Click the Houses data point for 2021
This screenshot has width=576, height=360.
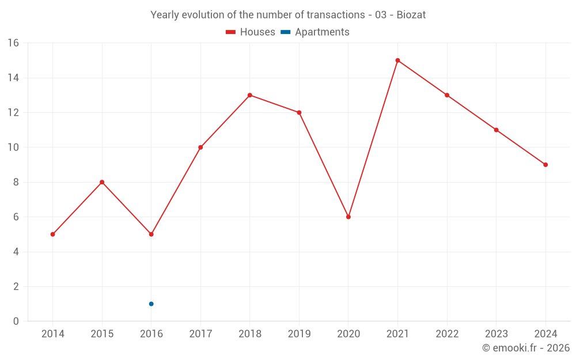pyautogui.click(x=397, y=60)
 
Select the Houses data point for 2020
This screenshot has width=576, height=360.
pyautogui.click(x=348, y=217)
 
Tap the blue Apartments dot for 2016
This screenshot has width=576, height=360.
pyautogui.click(x=151, y=304)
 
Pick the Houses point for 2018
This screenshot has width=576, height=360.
pyautogui.click(x=250, y=95)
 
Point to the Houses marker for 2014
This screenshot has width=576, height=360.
pyautogui.click(x=52, y=234)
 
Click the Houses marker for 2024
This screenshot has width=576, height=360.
pyautogui.click(x=545, y=165)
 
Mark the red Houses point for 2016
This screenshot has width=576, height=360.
pyautogui.click(x=151, y=234)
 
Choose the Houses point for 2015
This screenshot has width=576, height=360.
pyautogui.click(x=102, y=182)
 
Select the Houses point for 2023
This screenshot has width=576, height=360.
pyautogui.click(x=496, y=130)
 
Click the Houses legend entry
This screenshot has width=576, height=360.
pyautogui.click(x=257, y=32)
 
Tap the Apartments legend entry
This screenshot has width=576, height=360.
pyautogui.click(x=322, y=32)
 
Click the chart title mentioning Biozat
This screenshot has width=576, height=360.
pyautogui.click(x=288, y=15)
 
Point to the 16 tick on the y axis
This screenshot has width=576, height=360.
pyautogui.click(x=13, y=43)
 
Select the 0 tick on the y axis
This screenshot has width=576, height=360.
pyautogui.click(x=16, y=321)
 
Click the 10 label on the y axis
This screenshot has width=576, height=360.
pyautogui.click(x=13, y=147)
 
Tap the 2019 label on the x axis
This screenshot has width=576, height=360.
pyautogui.click(x=299, y=334)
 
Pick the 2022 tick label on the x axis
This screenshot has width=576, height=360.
pyautogui.click(x=447, y=334)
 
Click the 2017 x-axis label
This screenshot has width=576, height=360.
pyautogui.click(x=200, y=334)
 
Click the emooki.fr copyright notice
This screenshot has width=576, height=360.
pyautogui.click(x=525, y=348)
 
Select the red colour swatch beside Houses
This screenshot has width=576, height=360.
pyautogui.click(x=230, y=32)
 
